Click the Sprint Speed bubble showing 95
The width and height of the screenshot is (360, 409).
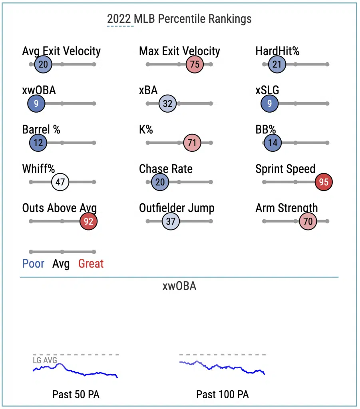[324, 182]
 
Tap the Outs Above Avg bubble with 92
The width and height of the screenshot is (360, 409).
[88, 221]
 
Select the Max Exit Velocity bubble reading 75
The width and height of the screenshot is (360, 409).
[195, 64]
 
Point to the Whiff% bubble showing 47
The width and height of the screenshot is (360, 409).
[60, 182]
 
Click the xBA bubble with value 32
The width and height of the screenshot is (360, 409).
[167, 103]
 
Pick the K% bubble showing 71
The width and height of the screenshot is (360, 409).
[192, 143]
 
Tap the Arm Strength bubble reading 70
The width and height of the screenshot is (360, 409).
[308, 221]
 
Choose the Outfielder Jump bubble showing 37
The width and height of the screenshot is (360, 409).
[171, 221]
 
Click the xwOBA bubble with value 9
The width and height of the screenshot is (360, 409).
[36, 103]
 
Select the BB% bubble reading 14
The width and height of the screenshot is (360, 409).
[272, 143]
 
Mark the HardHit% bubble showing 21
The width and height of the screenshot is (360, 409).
[277, 64]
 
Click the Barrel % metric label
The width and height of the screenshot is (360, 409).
[41, 129]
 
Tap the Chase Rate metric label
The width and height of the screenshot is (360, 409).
[166, 169]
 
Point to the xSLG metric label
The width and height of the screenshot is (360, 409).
[267, 90]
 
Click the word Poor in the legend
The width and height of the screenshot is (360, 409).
[33, 264]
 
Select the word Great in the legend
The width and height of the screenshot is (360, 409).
[91, 264]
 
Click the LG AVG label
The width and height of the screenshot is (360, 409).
[45, 360]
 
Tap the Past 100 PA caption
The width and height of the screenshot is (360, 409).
[223, 394]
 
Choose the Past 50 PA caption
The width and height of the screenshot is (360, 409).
[76, 394]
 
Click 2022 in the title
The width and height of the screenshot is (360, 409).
[119, 19]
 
